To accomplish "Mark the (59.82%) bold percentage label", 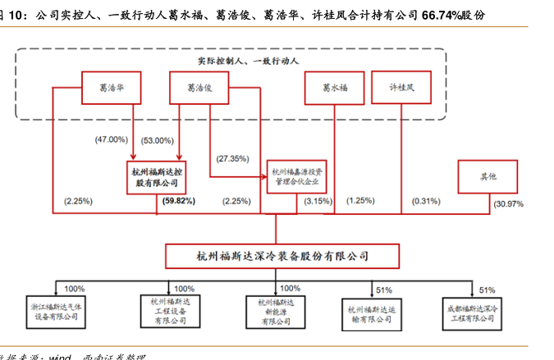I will coord(179,200).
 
